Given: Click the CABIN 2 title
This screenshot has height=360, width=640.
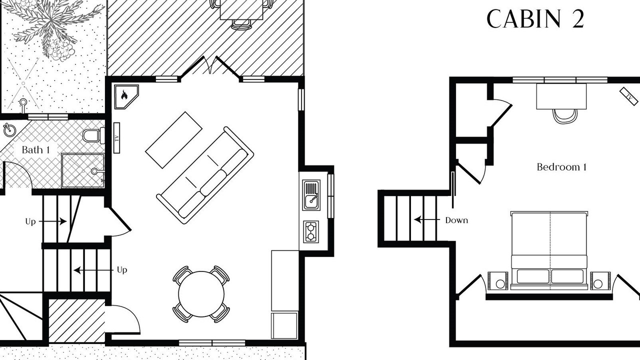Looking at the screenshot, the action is [535, 19].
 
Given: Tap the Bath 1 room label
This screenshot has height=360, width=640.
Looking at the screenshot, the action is [35, 149].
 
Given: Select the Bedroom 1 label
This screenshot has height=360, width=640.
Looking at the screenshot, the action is [561, 167].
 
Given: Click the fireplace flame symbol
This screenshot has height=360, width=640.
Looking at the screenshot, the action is [124, 94].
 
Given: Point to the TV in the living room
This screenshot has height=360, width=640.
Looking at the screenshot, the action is [116, 138].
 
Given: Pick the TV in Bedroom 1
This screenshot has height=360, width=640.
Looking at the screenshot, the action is [628, 96].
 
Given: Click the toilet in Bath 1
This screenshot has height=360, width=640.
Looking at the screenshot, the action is [93, 135].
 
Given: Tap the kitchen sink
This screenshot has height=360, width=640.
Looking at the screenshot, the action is [311, 195].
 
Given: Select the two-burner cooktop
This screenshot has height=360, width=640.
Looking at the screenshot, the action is [311, 231].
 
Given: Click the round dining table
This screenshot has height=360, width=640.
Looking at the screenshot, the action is [201, 294].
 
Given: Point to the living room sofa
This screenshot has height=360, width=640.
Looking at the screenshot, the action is [205, 175].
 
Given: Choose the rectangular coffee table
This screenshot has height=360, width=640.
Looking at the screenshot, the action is [173, 140].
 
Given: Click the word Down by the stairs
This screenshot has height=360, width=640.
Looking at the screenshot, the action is [456, 220].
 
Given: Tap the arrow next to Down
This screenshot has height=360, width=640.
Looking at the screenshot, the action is [427, 219].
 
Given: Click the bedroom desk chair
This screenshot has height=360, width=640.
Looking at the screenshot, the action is [565, 116].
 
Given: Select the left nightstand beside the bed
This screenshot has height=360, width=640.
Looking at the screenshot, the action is [497, 281].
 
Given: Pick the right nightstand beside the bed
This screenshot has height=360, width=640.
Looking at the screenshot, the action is [600, 281].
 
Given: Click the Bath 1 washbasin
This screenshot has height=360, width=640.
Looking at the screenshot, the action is [9, 130].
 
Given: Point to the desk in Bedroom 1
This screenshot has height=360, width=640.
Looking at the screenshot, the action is [561, 96].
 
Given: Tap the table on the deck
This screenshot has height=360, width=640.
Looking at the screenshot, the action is [241, 9].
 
